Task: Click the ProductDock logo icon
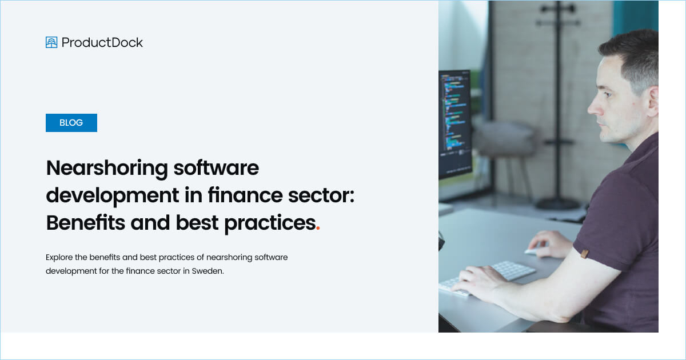coord(51,42)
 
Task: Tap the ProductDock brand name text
coord(102,42)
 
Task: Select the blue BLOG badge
coord(71,123)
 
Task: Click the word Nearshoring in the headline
coord(106,168)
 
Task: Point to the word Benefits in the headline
coord(85,223)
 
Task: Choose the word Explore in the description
coord(59,257)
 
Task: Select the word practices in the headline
coord(270,223)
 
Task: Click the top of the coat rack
coord(558,8)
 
